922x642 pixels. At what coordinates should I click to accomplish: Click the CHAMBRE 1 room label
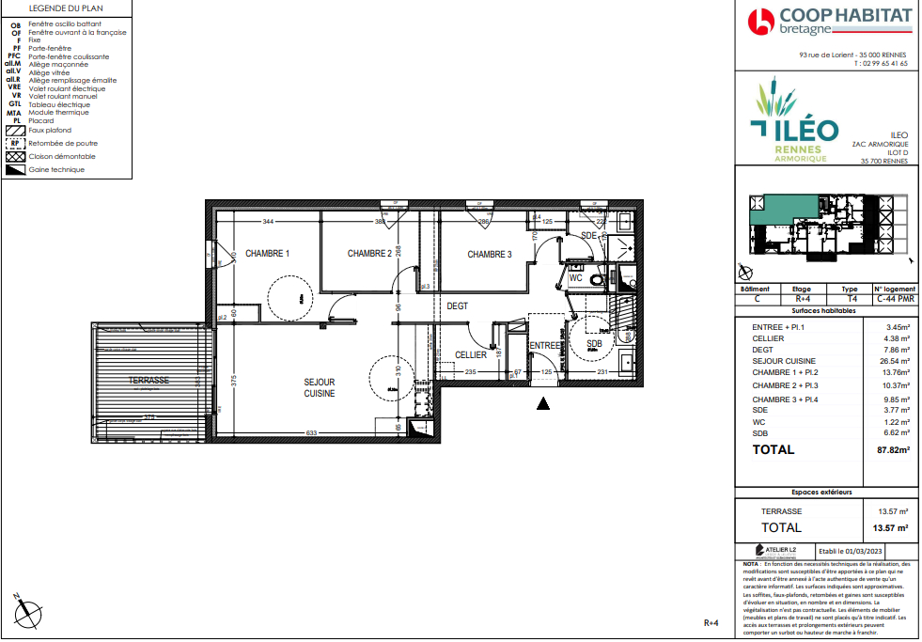pyautogui.click(x=267, y=254)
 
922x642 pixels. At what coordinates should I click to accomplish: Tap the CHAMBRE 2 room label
pyautogui.click(x=369, y=254)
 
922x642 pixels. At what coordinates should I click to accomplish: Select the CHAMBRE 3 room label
pyautogui.click(x=489, y=254)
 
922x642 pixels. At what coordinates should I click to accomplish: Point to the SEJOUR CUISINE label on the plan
pyautogui.click(x=319, y=387)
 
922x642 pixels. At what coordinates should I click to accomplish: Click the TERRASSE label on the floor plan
pyautogui.click(x=148, y=381)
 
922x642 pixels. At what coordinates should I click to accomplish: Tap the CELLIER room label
pyautogui.click(x=471, y=355)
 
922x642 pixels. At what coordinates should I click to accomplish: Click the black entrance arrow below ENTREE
pyautogui.click(x=542, y=404)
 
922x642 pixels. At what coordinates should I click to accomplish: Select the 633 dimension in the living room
pyautogui.click(x=311, y=433)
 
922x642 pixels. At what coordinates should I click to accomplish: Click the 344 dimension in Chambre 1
pyautogui.click(x=268, y=222)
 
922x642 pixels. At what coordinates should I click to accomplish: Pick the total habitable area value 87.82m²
pyautogui.click(x=892, y=450)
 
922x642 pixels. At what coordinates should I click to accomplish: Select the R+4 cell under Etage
pyautogui.click(x=802, y=299)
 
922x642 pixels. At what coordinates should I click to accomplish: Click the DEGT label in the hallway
pyautogui.click(x=457, y=306)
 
